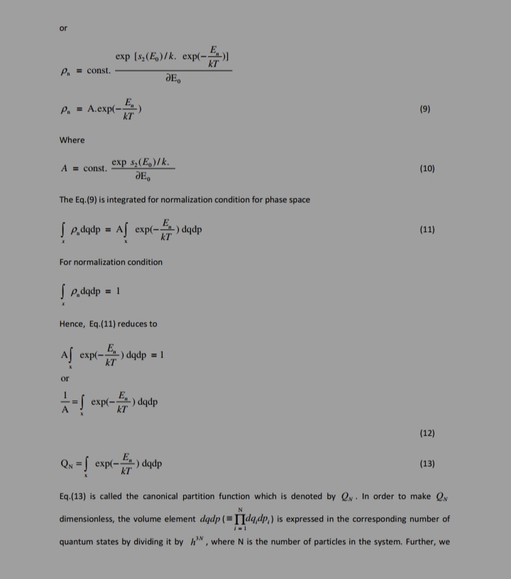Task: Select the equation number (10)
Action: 427,169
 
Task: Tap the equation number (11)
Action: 427,230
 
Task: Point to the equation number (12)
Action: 427,433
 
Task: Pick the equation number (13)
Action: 427,464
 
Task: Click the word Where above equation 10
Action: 72,140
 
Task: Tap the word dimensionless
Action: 87,519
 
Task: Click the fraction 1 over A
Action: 66,402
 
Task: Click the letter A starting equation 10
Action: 65,169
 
